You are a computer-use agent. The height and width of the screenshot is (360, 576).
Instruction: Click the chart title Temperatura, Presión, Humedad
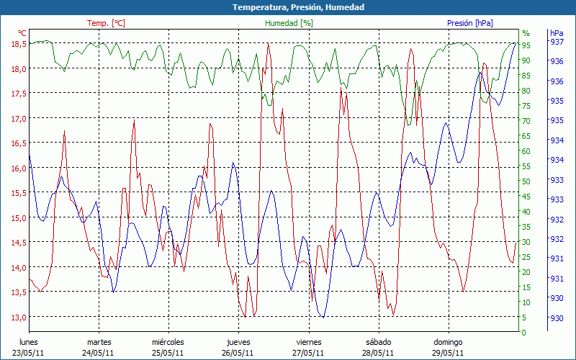click(288, 7)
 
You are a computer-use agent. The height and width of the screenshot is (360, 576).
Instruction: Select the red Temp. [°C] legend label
click(106, 23)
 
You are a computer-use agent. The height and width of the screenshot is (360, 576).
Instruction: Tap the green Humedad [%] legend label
click(289, 23)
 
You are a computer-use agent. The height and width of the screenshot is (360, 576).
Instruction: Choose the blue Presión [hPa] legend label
click(470, 23)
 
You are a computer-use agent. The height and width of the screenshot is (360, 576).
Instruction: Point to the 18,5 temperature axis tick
click(19, 44)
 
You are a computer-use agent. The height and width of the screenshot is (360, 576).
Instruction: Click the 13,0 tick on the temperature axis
click(19, 318)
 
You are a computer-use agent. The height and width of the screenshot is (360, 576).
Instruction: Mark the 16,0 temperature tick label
click(19, 168)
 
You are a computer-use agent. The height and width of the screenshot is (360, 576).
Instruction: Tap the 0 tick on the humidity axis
click(524, 333)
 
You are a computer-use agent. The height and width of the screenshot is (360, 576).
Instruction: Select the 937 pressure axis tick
click(557, 42)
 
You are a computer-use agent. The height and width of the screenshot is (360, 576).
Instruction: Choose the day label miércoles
click(168, 342)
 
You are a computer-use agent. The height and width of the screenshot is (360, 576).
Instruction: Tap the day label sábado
click(378, 342)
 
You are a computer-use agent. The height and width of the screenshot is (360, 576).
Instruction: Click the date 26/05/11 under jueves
click(238, 353)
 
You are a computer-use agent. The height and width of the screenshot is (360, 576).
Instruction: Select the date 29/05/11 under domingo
click(448, 353)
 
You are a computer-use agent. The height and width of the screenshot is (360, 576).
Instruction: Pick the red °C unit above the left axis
click(22, 33)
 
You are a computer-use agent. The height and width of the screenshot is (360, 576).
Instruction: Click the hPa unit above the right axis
click(557, 33)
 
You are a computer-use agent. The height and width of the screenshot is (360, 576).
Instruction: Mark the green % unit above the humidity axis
click(526, 33)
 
